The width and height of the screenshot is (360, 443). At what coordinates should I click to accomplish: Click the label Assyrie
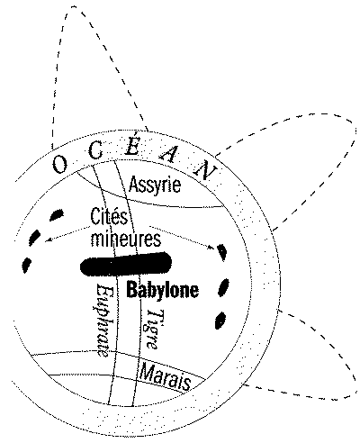click(x=155, y=185)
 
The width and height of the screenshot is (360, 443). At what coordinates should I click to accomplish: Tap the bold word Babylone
click(x=163, y=290)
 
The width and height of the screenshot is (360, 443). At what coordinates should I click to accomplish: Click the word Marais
click(x=166, y=376)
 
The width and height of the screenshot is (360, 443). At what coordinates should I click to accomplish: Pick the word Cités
click(x=109, y=217)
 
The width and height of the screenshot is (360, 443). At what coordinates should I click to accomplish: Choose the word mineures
click(x=126, y=240)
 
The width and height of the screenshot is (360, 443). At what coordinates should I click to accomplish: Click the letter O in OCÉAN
click(x=59, y=165)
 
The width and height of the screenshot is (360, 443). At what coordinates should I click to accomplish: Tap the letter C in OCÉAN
click(x=96, y=150)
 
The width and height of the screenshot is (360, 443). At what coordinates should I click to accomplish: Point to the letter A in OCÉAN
click(x=169, y=154)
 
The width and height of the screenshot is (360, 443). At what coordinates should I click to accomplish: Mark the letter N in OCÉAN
click(x=206, y=170)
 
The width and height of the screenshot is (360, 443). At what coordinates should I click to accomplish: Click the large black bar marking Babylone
click(x=126, y=264)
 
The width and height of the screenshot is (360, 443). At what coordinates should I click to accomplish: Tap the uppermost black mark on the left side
click(x=57, y=214)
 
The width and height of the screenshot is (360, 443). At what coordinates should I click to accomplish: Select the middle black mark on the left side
click(x=35, y=237)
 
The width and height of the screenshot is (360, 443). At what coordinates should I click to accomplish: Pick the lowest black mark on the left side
click(x=26, y=265)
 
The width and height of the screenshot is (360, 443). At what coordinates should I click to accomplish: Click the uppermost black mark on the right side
click(x=222, y=251)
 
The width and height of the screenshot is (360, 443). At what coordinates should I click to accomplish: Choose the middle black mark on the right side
click(x=223, y=287)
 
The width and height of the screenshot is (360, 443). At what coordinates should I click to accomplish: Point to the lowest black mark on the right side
click(x=220, y=321)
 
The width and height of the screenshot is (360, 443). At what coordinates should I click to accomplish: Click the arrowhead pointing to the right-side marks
click(x=211, y=247)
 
